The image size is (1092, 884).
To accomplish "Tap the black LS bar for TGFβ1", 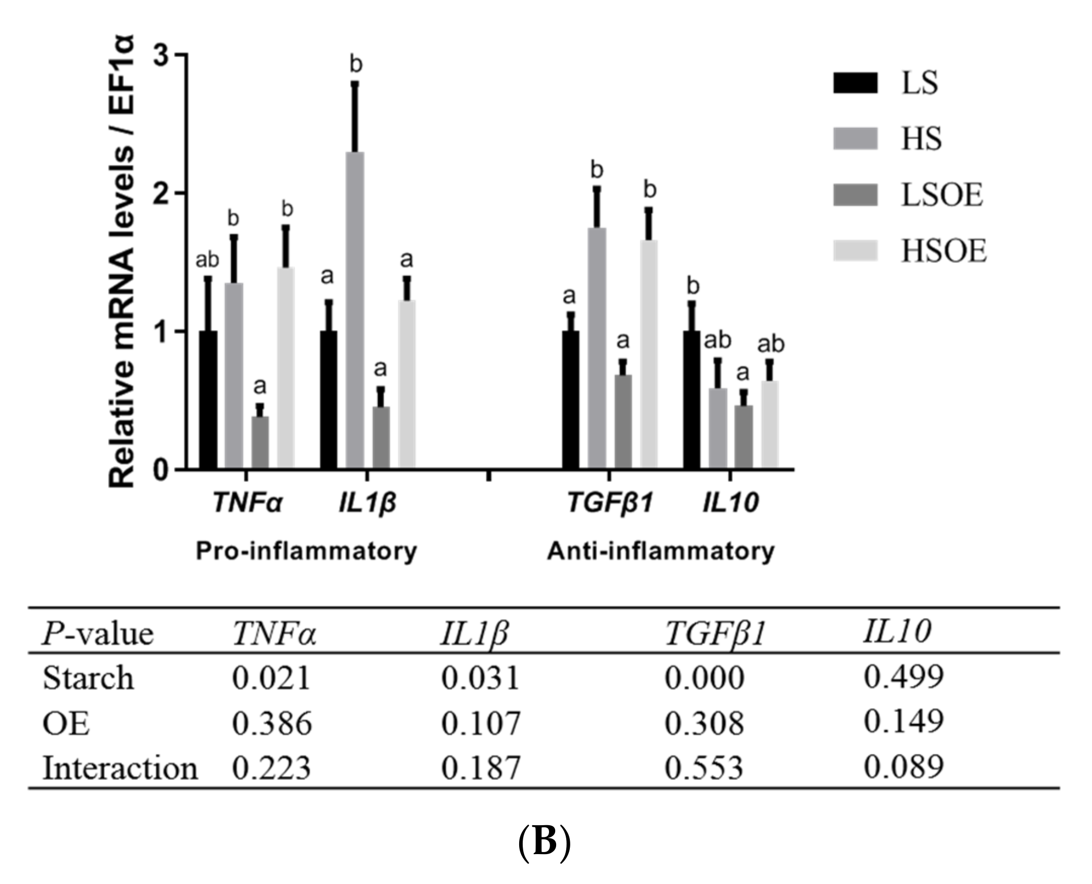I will tap(570, 400).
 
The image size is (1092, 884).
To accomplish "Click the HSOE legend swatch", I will tap(855, 250).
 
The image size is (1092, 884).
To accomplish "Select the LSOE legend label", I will tap(942, 195).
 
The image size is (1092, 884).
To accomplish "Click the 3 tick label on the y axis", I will tap(161, 55).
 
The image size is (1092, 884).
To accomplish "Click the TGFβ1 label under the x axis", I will tap(610, 503).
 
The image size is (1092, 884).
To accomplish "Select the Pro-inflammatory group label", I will tap(306, 551).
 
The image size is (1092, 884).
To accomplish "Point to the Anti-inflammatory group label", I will tap(660, 551).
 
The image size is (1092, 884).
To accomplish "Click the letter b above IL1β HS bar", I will tap(356, 65).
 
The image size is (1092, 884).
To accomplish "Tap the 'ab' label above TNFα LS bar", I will tap(208, 260).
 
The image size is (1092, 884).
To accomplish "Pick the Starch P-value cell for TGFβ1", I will tap(704, 678).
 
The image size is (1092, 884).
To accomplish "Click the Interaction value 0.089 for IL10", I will tap(903, 767).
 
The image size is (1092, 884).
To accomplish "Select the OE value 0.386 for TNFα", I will tap(271, 724).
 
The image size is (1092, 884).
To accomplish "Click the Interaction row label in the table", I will tap(120, 768).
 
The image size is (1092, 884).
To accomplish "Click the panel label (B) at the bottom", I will tap(544, 843).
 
